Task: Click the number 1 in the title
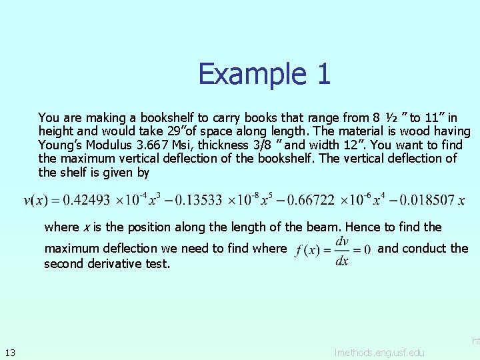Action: (323, 74)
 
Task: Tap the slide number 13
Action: (10, 351)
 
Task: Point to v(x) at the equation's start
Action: (35, 201)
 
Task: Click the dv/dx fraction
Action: (342, 251)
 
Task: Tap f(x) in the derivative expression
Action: (307, 251)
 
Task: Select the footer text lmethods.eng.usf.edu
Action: (379, 351)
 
